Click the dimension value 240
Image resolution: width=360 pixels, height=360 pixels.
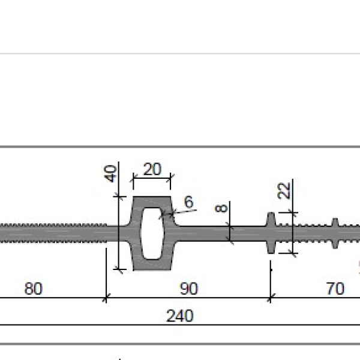point(180,316)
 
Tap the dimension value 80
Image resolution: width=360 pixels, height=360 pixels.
point(34,289)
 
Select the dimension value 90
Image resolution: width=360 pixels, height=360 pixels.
point(189,289)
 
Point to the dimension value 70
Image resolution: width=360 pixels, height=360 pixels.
point(335,289)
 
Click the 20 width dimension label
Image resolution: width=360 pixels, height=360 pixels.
point(152,169)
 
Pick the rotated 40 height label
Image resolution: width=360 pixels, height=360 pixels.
point(110,174)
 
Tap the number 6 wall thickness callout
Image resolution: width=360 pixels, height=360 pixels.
point(189,202)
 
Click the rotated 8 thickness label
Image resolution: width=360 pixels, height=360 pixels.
point(221,208)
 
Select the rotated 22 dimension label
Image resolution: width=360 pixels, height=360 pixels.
point(284,191)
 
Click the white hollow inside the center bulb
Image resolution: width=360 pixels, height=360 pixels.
point(152,233)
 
